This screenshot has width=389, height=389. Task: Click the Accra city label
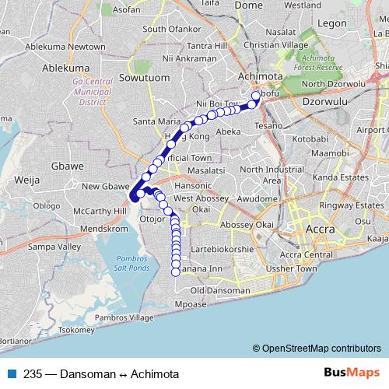(x=321, y=230)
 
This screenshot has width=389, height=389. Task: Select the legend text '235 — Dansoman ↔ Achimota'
(x=96, y=373)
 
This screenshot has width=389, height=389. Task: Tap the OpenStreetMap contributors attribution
(x=317, y=348)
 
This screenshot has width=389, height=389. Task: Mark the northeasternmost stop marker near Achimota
(x=255, y=96)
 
